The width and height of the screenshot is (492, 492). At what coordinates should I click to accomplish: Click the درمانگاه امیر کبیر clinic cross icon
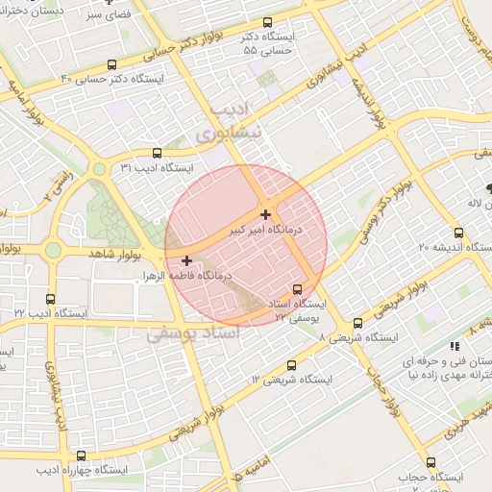pos(265,214)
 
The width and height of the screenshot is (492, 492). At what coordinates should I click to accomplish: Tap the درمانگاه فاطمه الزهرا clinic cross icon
pos(186,260)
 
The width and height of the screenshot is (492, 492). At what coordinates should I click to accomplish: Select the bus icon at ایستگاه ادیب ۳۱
pos(158,152)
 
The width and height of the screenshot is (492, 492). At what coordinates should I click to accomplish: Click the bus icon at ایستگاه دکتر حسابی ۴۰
pos(112,64)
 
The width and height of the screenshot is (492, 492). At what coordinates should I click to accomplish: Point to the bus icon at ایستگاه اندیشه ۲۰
pos(458,232)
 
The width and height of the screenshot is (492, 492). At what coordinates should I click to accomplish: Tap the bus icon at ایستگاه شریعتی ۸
pos(358,324)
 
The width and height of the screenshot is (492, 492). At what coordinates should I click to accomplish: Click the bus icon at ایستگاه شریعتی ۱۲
pos(291,364)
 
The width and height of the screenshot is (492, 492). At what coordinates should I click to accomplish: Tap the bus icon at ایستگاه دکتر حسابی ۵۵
pos(267,22)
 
